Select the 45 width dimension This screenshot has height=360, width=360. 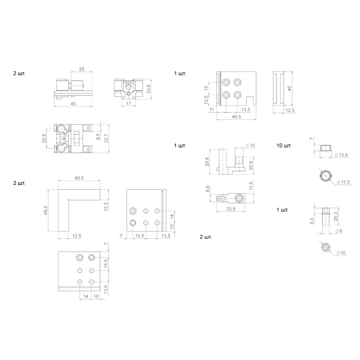[73, 104]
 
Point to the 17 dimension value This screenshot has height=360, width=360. [129, 104]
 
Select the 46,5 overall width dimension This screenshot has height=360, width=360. [236, 117]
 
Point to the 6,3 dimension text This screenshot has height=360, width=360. [312, 220]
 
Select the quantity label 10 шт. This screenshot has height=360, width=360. [284, 146]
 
